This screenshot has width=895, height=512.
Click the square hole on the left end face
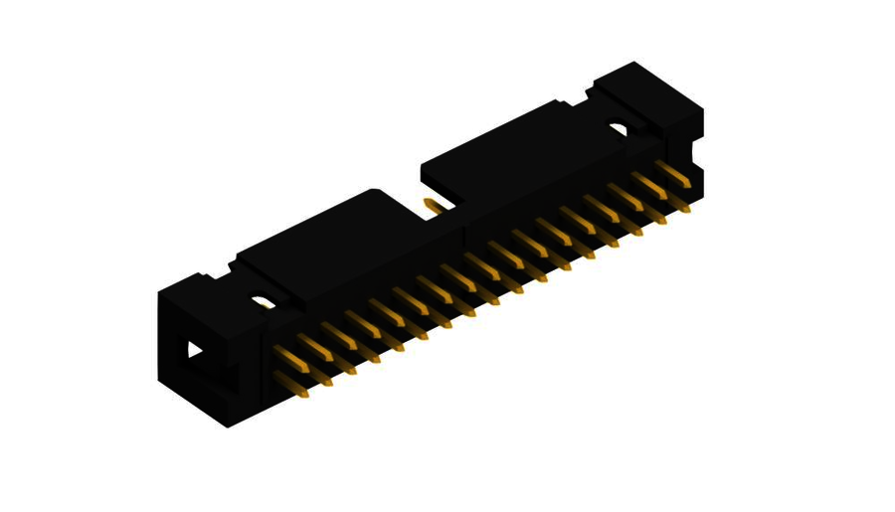[194, 350]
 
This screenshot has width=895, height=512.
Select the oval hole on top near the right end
[619, 129]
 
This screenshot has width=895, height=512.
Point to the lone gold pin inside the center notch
[434, 205]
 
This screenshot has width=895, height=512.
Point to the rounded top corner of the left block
[374, 191]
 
